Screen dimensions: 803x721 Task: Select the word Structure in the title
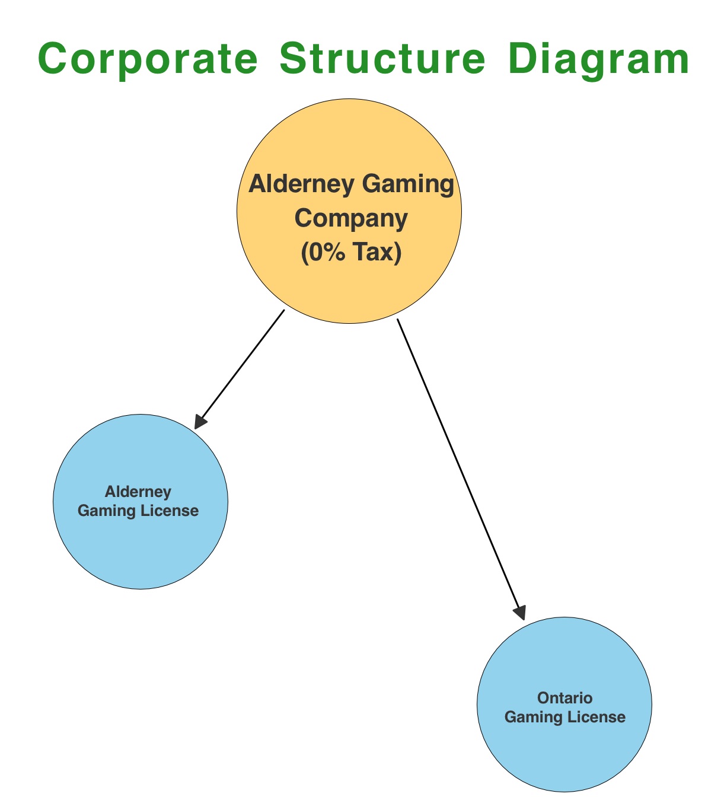coord(382,59)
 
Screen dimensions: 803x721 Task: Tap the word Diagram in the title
coord(599,59)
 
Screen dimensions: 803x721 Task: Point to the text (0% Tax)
coord(351,253)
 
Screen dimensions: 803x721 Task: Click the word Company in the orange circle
coord(351,218)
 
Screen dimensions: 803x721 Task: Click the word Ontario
coord(564,698)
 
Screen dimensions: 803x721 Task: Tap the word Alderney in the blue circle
coord(138,492)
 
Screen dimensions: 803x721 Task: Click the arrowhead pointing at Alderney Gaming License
coord(200,421)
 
